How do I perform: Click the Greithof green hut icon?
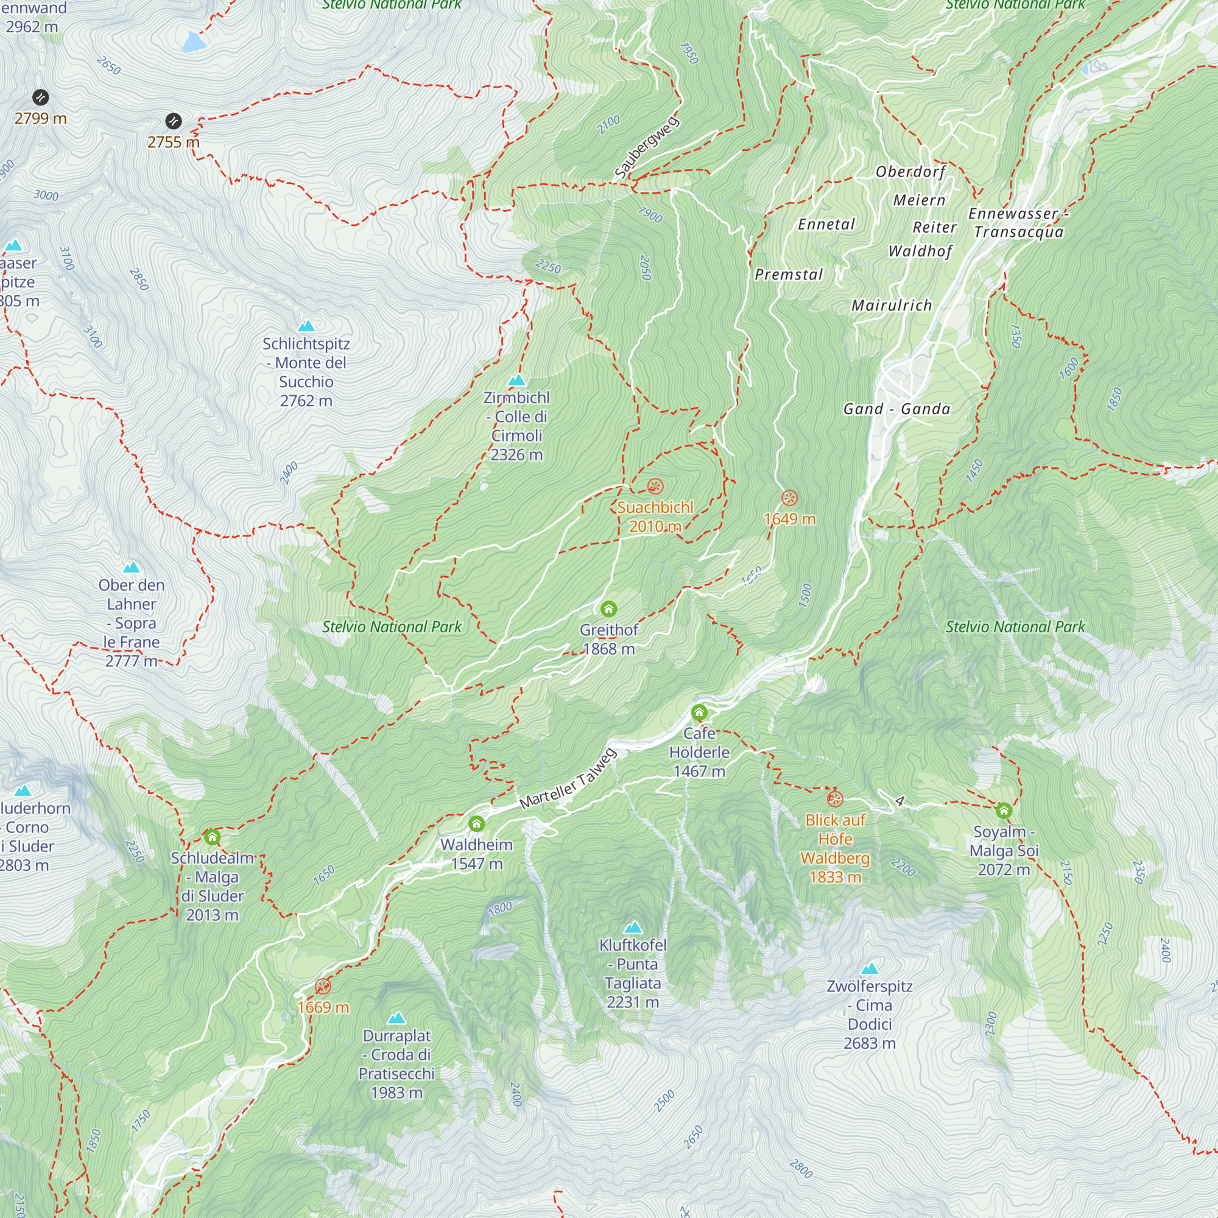pos(608,608)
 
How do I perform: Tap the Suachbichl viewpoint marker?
pos(655,486)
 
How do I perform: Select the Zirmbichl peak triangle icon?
pos(517,379)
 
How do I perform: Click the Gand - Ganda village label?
pos(896,409)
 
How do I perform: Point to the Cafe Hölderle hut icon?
pos(699,713)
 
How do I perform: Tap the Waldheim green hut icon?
pos(477,824)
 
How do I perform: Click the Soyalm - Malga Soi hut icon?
pos(1004,811)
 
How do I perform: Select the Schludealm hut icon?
pos(212,837)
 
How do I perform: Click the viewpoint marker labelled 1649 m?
pos(789,498)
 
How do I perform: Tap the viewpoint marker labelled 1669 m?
pos(323,986)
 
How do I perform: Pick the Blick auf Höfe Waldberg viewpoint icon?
pos(835,800)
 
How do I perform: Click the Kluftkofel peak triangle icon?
pos(633,927)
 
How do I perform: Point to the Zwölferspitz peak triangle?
pos(870,968)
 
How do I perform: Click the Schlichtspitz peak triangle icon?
pos(306,326)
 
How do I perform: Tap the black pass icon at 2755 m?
pos(174,121)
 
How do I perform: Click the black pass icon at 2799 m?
pos(40,97)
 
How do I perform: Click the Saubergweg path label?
pos(646,147)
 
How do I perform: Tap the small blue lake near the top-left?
pos(193,41)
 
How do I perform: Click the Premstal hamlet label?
pos(789,274)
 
